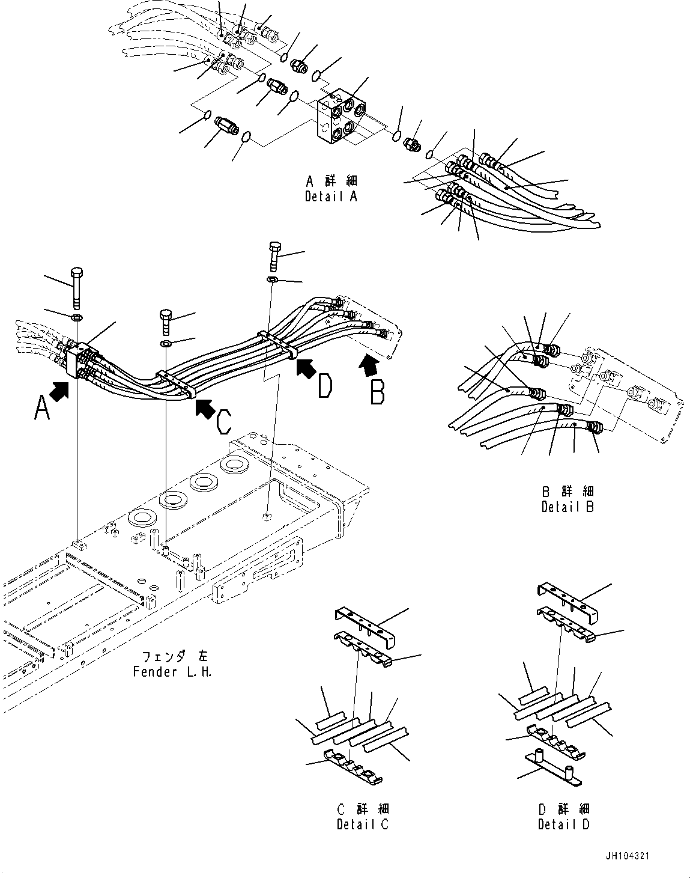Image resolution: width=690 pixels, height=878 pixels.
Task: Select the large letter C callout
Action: (223, 423)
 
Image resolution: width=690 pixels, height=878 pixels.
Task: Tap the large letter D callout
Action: (325, 386)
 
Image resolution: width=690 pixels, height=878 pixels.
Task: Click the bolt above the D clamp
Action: (274, 257)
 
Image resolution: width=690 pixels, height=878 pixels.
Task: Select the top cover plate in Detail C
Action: (363, 626)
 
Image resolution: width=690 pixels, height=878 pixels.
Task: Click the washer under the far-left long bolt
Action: (77, 317)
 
